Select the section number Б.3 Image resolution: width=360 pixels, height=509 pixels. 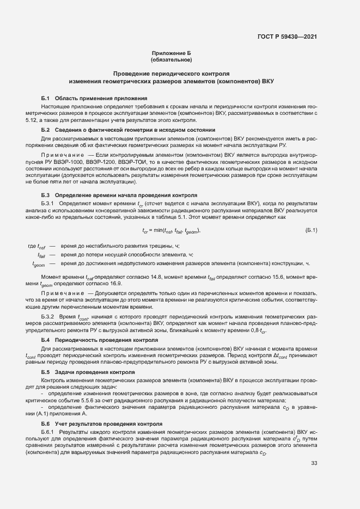(x=46, y=195)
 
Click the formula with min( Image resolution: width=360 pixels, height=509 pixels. (x=171, y=230)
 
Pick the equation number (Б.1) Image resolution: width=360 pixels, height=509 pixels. (x=311, y=230)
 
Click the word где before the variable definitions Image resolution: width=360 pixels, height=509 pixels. (x=32, y=246)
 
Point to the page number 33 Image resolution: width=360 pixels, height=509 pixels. (x=314, y=463)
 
